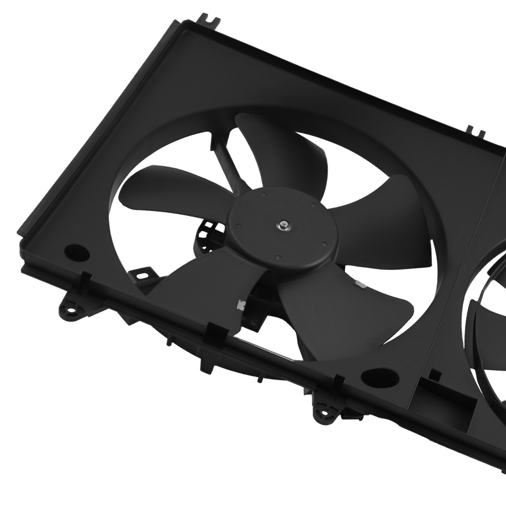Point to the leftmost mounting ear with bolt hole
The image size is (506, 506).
[x=68, y=307]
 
